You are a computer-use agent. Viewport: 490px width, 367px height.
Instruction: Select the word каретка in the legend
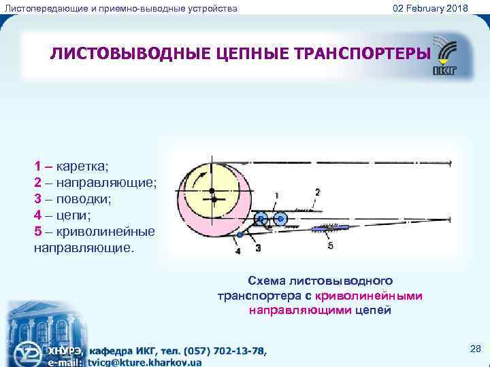(x=86, y=166)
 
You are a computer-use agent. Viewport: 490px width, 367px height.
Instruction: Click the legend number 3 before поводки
(x=38, y=200)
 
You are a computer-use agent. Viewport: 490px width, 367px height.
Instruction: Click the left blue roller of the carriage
(x=261, y=219)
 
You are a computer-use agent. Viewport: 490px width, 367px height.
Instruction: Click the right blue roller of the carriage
(x=279, y=218)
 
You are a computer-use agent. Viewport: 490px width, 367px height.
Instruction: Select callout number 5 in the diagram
(x=331, y=246)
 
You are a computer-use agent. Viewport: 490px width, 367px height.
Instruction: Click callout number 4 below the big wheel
(x=238, y=251)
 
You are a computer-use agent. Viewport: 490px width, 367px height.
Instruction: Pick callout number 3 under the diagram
(x=259, y=249)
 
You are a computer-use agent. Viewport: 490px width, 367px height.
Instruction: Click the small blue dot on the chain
(x=240, y=235)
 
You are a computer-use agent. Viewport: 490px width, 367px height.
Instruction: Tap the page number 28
(x=476, y=349)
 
